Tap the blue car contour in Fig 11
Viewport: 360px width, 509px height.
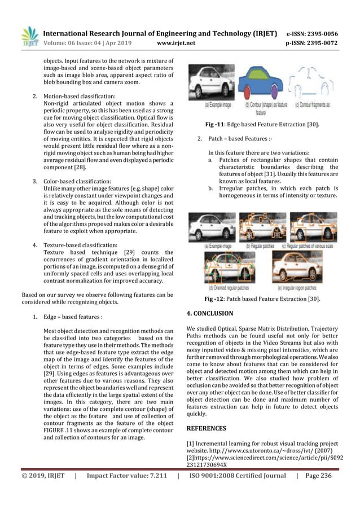click(x=262, y=84)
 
